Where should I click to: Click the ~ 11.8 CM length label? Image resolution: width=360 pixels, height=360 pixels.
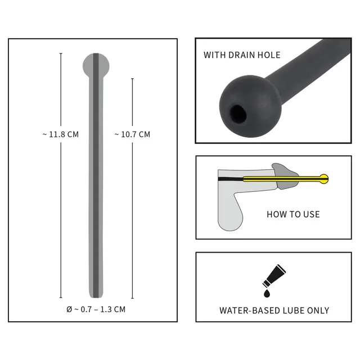click(x=61, y=134)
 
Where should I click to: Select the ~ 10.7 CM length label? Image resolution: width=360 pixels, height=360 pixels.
click(x=133, y=134)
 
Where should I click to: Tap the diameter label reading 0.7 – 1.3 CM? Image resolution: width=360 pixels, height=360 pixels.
click(x=96, y=309)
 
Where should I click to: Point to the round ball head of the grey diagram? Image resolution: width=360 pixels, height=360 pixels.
click(x=96, y=66)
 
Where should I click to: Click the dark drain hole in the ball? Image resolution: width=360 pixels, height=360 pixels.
click(x=238, y=113)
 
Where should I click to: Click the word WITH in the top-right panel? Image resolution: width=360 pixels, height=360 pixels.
click(x=215, y=55)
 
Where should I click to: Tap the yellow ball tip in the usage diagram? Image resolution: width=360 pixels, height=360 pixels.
click(x=324, y=179)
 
